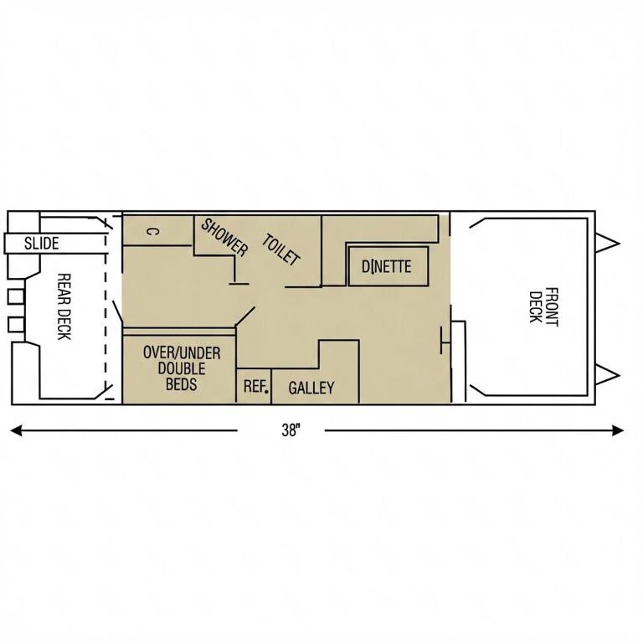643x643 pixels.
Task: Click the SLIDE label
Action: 41,244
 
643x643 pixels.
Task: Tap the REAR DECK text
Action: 64,306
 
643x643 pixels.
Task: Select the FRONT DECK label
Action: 543,307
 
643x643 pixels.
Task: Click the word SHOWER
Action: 224,238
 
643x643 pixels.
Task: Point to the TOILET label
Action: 281,249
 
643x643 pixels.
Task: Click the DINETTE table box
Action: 388,266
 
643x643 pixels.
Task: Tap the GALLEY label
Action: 311,388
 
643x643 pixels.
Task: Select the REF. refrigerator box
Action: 254,386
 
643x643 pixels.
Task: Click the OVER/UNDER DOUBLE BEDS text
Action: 182,368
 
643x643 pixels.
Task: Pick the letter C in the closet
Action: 152,232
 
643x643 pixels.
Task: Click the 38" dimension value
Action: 291,430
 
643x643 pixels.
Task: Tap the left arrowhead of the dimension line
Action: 16,430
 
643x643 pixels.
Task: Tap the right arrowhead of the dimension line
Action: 618,430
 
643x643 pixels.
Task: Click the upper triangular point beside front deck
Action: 606,244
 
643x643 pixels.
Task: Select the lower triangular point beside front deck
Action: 606,375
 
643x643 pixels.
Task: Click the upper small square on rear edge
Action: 16,297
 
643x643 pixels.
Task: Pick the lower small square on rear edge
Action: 16,324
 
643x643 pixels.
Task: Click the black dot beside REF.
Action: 267,391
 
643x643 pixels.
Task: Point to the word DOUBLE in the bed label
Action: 182,368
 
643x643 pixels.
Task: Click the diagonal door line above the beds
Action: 245,316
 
